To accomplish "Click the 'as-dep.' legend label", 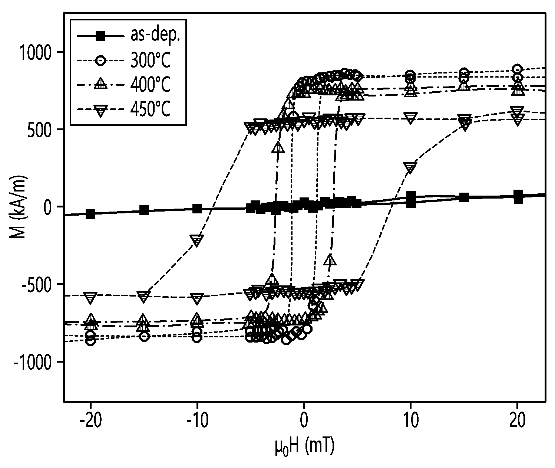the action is coord(155,35).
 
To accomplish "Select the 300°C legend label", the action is coord(150,60).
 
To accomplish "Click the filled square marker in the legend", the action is coord(100,36).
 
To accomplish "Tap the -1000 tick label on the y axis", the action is coord(32,362).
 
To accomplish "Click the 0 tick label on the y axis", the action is coord(47,207).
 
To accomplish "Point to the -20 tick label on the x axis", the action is coord(90,420).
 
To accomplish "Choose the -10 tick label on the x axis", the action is coord(197,420).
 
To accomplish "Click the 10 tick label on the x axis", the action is coord(411,420).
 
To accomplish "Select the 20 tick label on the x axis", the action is coord(517,420).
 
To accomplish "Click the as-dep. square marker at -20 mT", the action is coord(90,214).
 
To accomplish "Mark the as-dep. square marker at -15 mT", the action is coord(144,210).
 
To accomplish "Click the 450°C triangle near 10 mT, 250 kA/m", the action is coord(410,167).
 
